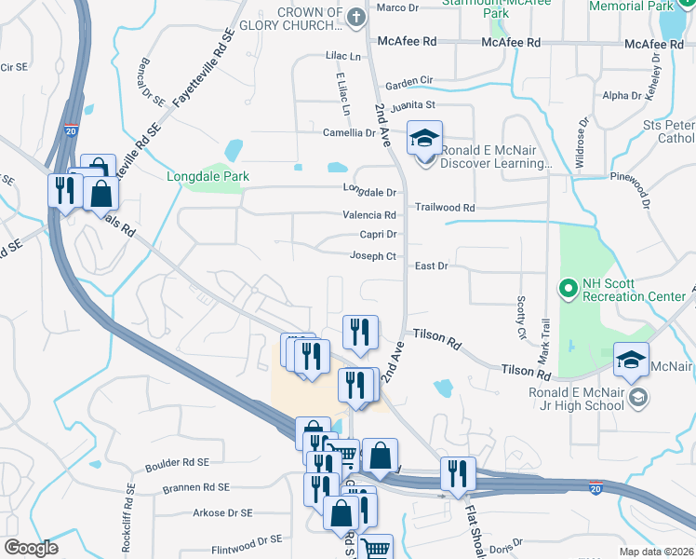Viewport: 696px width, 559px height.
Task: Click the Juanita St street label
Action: pyautogui.click(x=413, y=105)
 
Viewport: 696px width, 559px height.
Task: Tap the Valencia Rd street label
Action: pyautogui.click(x=369, y=214)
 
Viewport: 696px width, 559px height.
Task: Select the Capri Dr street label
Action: pyautogui.click(x=378, y=235)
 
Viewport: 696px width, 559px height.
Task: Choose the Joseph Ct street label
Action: pyautogui.click(x=373, y=256)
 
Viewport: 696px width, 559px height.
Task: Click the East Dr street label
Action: pyautogui.click(x=432, y=266)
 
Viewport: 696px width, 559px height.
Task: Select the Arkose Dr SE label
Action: pyautogui.click(x=221, y=512)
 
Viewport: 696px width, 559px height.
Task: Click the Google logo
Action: pyautogui.click(x=31, y=548)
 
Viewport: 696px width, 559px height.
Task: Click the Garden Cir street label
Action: pyautogui.click(x=409, y=81)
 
